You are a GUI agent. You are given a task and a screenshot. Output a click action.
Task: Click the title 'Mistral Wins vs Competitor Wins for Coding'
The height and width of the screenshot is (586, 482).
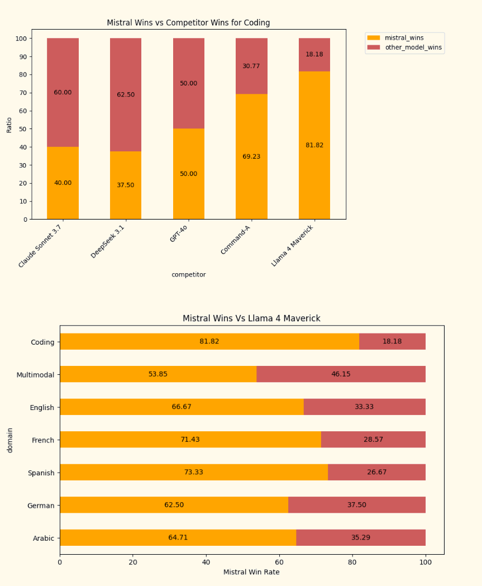coord(188,23)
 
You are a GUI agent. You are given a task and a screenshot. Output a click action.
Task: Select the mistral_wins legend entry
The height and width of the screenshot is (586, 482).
coord(404,37)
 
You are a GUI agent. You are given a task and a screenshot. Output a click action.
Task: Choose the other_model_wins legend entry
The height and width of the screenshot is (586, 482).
coord(413,47)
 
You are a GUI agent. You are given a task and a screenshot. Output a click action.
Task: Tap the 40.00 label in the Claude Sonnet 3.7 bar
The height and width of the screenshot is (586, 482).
coord(63,183)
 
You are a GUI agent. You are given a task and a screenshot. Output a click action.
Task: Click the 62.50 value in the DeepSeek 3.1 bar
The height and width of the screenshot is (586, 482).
coord(126,94)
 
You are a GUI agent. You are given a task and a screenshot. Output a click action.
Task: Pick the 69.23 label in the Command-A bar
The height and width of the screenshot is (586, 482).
coord(251,156)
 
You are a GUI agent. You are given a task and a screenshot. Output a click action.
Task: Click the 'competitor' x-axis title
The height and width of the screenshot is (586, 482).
coord(188,274)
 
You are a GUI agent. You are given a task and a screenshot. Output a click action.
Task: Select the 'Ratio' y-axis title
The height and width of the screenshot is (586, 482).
coord(9,124)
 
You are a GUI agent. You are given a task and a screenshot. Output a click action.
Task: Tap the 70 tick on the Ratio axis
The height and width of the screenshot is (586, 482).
coord(23,93)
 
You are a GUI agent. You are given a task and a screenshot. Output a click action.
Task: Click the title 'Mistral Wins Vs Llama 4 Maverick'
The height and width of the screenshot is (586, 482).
coord(251,318)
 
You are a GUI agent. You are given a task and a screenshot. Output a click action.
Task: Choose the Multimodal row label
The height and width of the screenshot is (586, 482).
coord(35,375)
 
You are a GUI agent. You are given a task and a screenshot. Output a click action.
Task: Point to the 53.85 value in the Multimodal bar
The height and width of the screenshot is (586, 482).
coord(158,374)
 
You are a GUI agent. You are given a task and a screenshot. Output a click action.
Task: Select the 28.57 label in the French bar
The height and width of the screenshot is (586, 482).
coord(373,440)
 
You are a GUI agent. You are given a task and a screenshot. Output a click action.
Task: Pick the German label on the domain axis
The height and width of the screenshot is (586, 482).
coord(41,506)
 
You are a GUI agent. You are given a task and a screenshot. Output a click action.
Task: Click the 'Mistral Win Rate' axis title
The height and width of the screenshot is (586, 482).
coord(251,572)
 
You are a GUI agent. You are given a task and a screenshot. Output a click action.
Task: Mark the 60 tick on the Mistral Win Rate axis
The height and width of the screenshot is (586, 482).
coord(279,561)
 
